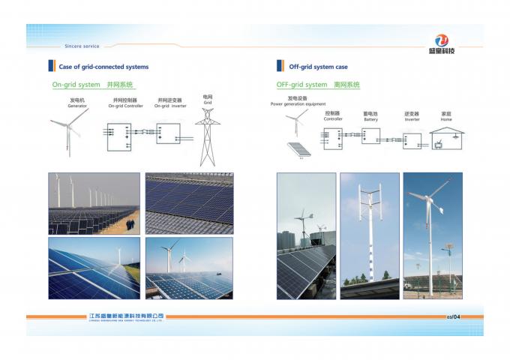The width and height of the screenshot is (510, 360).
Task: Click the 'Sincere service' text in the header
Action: coord(83,46)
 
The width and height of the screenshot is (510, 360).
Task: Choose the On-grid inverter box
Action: coord(168,133)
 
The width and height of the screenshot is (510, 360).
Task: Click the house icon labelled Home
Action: coord(446,139)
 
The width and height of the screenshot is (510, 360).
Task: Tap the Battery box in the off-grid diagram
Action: coord(370,136)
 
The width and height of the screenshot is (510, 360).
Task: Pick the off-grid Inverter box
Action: coord(412,140)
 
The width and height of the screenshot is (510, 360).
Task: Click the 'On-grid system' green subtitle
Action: coord(91,85)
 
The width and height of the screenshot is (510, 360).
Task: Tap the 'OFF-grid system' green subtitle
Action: coord(317,85)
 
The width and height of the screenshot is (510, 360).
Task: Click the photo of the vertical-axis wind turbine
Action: coord(370,235)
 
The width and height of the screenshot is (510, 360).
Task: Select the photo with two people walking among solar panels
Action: coord(94,203)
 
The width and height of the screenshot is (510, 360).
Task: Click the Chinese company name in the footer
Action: coord(126,316)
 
